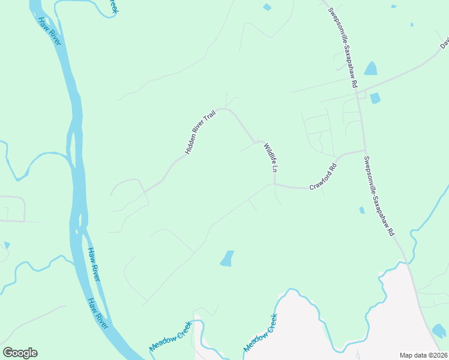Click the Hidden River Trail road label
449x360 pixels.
[x=200, y=133]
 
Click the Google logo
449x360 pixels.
[x=20, y=353]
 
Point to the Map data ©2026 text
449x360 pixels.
[x=423, y=355]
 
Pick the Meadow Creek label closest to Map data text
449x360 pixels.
[x=260, y=334]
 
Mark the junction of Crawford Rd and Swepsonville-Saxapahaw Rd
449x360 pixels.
[x=364, y=150]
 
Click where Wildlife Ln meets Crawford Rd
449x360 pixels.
[x=275, y=185]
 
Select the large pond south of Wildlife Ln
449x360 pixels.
[x=227, y=259]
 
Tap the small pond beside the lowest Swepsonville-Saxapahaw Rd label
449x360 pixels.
[x=361, y=210]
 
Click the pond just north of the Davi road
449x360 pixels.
[x=370, y=68]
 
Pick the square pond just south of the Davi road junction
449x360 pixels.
[x=375, y=98]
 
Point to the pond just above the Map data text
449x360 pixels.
[x=439, y=331]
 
